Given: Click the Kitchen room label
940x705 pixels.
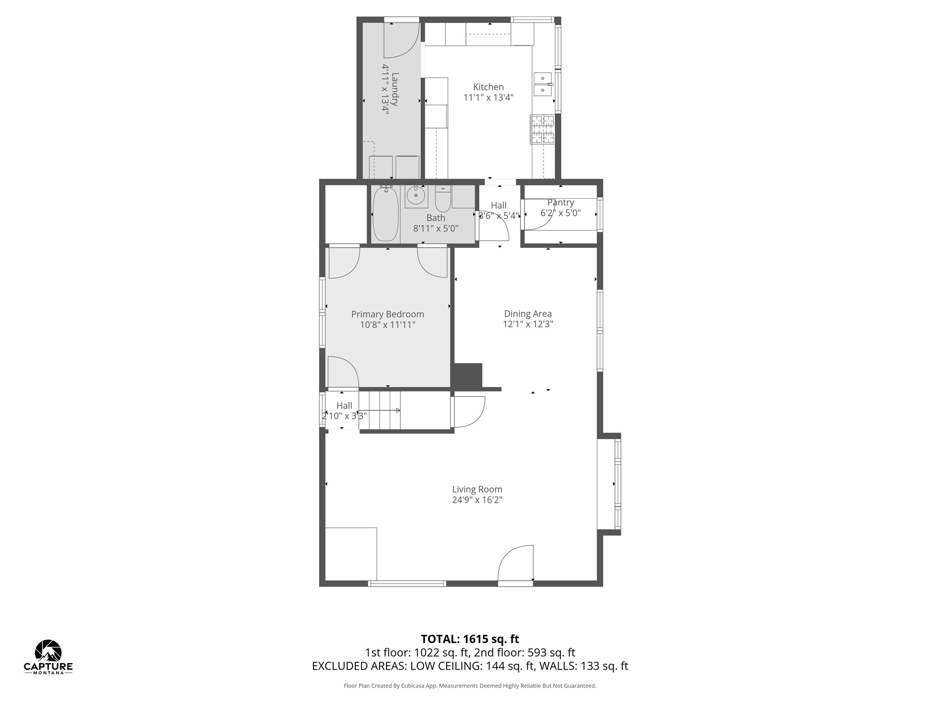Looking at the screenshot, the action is pyautogui.click(x=488, y=87).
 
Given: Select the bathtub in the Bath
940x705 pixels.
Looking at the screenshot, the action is pyautogui.click(x=386, y=214).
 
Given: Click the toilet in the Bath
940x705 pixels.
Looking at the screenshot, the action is pyautogui.click(x=443, y=199).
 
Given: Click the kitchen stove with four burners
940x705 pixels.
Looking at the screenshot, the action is pyautogui.click(x=543, y=129).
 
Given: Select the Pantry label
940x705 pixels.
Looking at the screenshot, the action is pyautogui.click(x=560, y=202).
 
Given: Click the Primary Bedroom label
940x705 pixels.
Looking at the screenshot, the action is pyautogui.click(x=387, y=314).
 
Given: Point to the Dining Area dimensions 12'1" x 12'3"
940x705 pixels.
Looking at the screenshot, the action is pyautogui.click(x=528, y=324).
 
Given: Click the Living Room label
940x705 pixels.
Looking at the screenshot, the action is pyautogui.click(x=477, y=489).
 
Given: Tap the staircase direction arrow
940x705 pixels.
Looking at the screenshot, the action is pyautogui.click(x=380, y=410).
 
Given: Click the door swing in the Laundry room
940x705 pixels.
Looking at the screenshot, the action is pyautogui.click(x=402, y=40).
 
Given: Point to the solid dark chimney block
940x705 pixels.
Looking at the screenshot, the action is pyautogui.click(x=467, y=376).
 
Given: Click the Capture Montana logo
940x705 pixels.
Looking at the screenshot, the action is pyautogui.click(x=48, y=657).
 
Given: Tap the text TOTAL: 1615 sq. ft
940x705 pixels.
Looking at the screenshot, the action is pyautogui.click(x=470, y=639).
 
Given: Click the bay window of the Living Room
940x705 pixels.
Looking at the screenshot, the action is pyautogui.click(x=609, y=484).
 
